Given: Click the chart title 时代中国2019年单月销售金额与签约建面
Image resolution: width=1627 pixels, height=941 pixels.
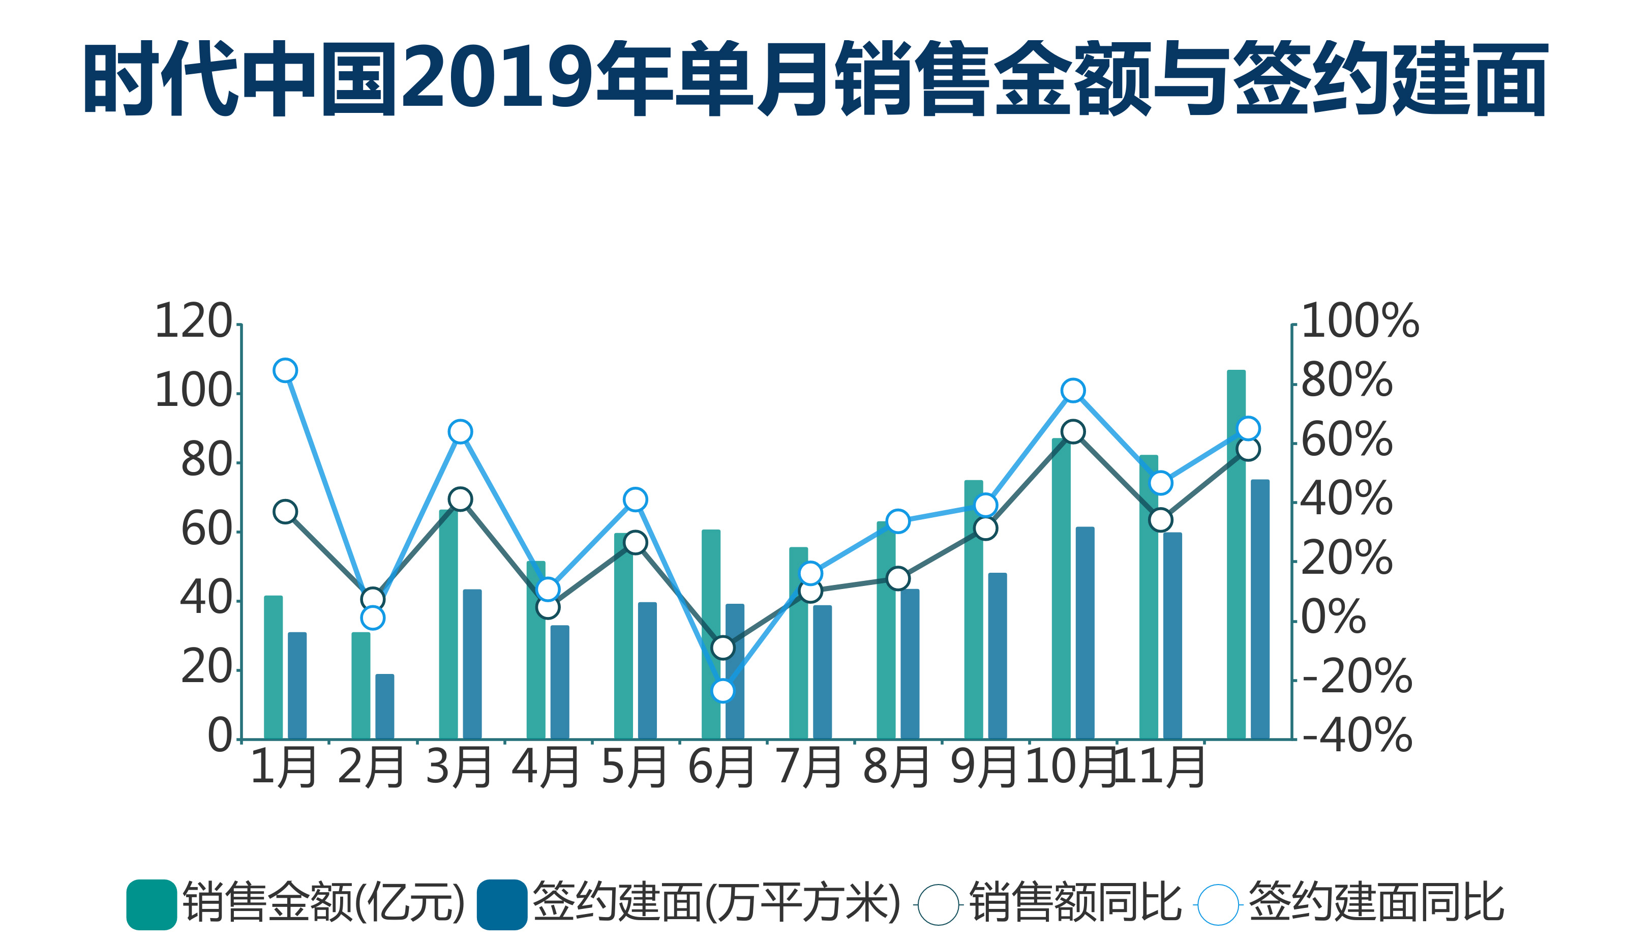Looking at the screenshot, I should [x=815, y=79].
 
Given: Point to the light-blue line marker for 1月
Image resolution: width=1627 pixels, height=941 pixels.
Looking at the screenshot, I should [x=285, y=371].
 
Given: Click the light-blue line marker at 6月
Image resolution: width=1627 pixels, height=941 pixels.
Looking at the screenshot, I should [x=723, y=690].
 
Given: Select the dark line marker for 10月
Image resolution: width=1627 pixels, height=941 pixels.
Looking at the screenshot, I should [x=1073, y=431].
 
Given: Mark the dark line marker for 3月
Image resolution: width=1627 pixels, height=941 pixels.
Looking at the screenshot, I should [x=460, y=499].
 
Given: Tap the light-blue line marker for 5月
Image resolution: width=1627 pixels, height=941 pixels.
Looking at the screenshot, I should [x=636, y=500].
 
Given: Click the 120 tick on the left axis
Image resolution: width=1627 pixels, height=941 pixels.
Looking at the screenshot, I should [x=193, y=321].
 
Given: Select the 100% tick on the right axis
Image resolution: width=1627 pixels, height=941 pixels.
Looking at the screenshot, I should [x=1360, y=321].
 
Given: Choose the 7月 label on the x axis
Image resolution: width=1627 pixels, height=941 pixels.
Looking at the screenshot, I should [x=809, y=767].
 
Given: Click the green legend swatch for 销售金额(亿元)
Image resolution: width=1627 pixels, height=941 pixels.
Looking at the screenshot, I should [x=152, y=905].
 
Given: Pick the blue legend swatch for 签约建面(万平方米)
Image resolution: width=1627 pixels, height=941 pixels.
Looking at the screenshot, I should [x=502, y=905].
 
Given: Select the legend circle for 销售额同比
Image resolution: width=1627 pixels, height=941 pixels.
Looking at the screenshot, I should [x=938, y=905].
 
